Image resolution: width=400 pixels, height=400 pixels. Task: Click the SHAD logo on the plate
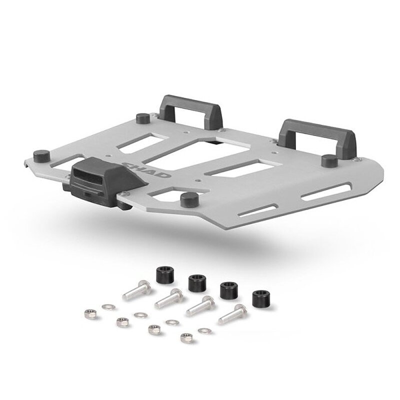pyautogui.click(x=146, y=169)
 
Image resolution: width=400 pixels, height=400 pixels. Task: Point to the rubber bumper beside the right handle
pyautogui.click(x=329, y=160)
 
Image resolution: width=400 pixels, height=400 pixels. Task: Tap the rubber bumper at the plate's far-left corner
pyautogui.click(x=41, y=156)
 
